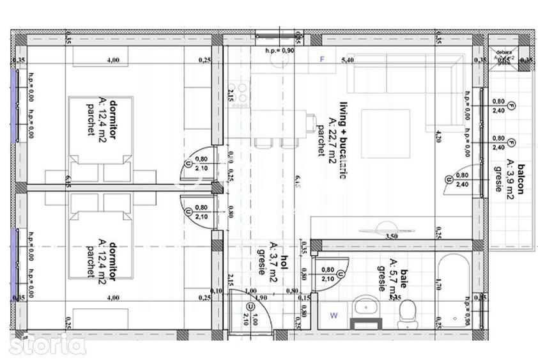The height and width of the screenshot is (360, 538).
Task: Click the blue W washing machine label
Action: (334, 315)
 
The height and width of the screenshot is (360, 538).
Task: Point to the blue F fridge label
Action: (323, 59)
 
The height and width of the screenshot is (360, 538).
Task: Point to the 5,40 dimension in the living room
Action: (348, 60)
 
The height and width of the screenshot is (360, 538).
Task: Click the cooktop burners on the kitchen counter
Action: (241, 95)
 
